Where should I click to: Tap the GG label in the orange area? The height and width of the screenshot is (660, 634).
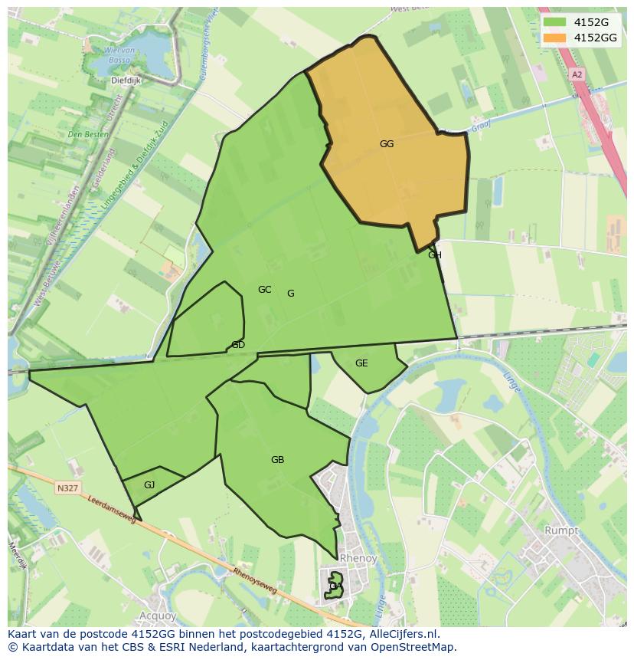tap(387, 143)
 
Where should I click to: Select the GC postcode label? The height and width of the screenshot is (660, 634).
tap(264, 289)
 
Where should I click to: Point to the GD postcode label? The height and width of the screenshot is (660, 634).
tap(238, 345)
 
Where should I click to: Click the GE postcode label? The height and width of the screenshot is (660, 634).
tap(361, 363)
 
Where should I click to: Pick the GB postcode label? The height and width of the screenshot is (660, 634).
tap(277, 460)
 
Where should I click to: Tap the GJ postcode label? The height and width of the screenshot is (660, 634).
tap(149, 484)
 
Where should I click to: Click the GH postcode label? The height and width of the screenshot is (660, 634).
tap(435, 255)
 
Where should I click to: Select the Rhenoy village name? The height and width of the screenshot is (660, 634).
tap(358, 558)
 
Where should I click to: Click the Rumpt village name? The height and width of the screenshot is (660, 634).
tap(560, 530)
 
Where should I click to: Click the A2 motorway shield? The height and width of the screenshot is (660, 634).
tap(577, 74)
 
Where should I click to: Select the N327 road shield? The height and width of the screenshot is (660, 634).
tap(67, 488)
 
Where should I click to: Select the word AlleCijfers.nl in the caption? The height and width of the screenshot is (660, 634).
tap(406, 634)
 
